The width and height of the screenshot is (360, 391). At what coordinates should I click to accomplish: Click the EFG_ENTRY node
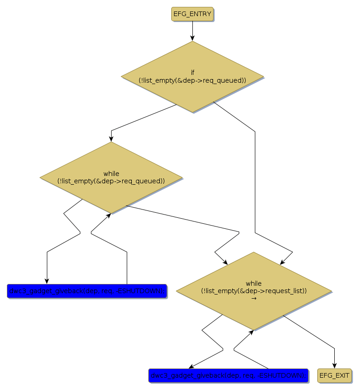click(x=192, y=14)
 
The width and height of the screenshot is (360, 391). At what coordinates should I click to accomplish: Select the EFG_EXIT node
click(x=334, y=375)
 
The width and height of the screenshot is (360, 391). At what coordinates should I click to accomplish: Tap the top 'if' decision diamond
click(x=192, y=77)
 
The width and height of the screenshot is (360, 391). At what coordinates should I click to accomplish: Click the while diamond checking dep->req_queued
click(x=111, y=177)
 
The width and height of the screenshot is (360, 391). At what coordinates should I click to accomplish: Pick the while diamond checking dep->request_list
click(x=253, y=291)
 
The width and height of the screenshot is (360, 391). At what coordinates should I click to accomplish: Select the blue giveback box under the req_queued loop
click(x=87, y=291)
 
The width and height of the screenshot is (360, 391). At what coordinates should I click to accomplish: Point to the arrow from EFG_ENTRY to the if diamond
click(x=192, y=31)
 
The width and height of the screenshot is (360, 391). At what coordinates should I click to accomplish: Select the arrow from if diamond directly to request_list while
click(x=255, y=184)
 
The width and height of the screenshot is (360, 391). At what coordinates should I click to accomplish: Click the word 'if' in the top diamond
click(x=192, y=73)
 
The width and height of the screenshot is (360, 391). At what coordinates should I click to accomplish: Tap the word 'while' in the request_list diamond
click(x=253, y=283)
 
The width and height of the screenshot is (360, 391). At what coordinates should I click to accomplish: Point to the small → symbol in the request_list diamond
click(x=253, y=298)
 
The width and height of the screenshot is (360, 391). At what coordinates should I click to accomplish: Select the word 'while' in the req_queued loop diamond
click(x=111, y=174)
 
